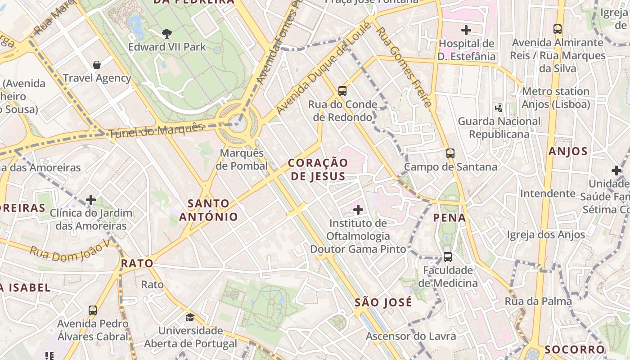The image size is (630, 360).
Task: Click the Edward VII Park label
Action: point(167,47)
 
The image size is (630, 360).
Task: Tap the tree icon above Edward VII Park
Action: point(167,33)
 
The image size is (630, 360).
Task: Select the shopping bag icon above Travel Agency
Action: point(96,65)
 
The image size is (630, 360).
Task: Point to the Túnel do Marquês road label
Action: point(156,130)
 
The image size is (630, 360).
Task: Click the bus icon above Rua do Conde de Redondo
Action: point(342,91)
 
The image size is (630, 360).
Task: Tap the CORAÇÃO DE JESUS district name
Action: point(318,169)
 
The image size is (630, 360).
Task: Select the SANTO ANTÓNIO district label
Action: point(208,210)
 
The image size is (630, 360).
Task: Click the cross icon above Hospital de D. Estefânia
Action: point(466,31)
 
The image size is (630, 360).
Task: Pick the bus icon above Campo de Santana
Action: point(450,153)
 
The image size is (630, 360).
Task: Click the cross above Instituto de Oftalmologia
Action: point(358,210)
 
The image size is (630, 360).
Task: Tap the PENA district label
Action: point(449,218)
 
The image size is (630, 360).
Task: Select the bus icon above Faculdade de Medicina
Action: point(447,257)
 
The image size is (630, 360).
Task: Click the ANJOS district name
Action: point(568,151)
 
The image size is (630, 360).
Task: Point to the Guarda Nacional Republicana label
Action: point(499,128)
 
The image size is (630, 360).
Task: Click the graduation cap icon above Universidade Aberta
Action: point(190,317)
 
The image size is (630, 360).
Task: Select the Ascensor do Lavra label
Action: point(410,336)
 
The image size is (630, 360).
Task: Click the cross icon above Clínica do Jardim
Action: point(91,199)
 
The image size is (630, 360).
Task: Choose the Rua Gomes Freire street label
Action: point(404,67)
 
